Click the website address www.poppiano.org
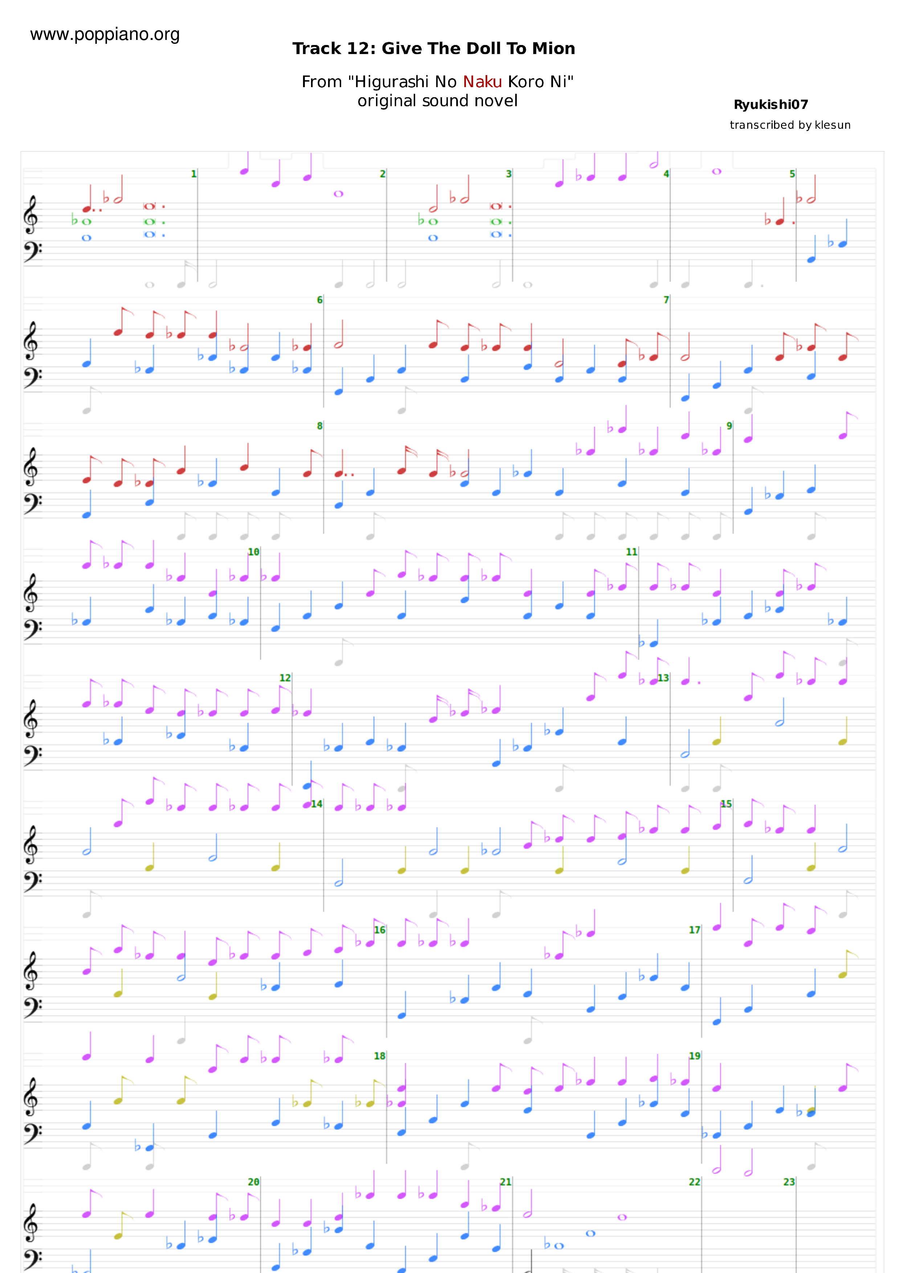pos(105,34)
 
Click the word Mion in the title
pos(553,49)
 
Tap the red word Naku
pos(482,82)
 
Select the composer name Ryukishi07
pos(771,105)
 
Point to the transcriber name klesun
pos(832,125)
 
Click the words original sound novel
pos(438,101)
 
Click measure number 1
pos(193,174)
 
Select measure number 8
pos(319,426)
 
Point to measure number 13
pos(663,678)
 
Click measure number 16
pos(379,930)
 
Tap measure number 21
pos(505,1182)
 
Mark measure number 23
pos(789,1182)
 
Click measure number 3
pos(508,174)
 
